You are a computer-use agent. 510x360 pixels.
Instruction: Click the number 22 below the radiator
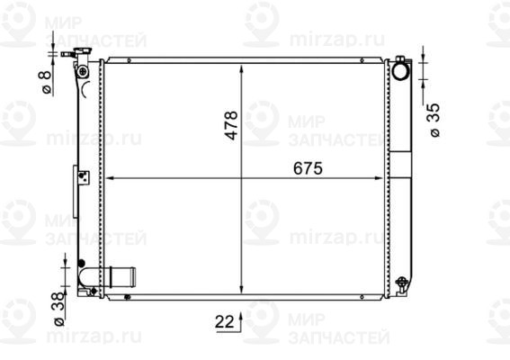223,319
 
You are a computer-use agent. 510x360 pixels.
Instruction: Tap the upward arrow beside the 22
240,321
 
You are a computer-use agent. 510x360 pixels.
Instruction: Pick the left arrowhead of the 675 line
111,177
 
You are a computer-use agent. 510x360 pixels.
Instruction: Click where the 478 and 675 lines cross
242,177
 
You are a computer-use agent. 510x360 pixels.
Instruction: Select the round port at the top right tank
401,67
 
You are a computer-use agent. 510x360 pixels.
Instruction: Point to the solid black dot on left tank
81,265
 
